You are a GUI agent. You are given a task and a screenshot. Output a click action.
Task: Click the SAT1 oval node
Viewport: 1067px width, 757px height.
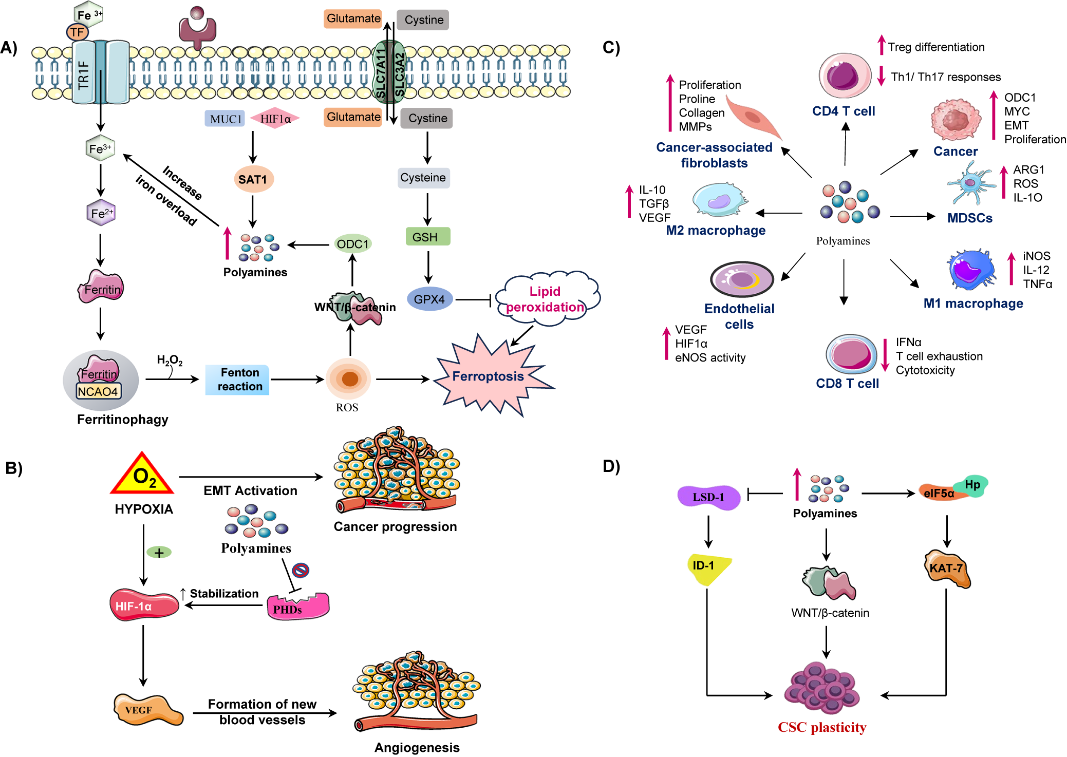(x=253, y=179)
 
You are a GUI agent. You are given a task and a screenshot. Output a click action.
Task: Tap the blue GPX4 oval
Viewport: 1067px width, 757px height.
(x=429, y=299)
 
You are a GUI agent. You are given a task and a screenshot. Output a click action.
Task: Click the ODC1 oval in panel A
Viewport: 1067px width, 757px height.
(x=352, y=244)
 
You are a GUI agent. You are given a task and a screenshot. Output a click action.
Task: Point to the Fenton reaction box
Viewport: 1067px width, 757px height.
(x=238, y=380)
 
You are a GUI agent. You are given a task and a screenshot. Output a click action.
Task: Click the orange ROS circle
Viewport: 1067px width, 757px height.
(x=349, y=379)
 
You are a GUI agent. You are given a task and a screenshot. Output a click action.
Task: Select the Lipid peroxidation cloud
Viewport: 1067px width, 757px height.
(x=546, y=299)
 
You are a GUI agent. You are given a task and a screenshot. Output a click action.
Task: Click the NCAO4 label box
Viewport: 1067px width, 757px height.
(x=98, y=391)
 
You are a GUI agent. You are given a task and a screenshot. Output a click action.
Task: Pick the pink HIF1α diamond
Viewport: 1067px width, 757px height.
(x=275, y=119)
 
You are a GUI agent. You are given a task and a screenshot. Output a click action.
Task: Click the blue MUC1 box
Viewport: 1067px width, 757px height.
(x=225, y=119)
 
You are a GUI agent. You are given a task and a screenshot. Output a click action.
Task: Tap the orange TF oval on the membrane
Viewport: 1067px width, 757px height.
(x=77, y=32)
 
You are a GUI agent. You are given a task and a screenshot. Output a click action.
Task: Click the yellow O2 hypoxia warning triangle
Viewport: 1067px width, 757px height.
(x=143, y=476)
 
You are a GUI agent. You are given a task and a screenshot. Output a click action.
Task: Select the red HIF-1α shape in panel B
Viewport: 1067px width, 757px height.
(x=143, y=605)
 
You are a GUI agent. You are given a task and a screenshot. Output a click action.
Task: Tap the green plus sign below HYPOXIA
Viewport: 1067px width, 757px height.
(x=159, y=553)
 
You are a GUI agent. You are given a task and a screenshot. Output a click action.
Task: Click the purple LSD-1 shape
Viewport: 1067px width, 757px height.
(x=708, y=497)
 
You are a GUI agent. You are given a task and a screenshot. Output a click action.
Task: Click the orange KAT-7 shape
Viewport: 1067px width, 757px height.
(x=947, y=569)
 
